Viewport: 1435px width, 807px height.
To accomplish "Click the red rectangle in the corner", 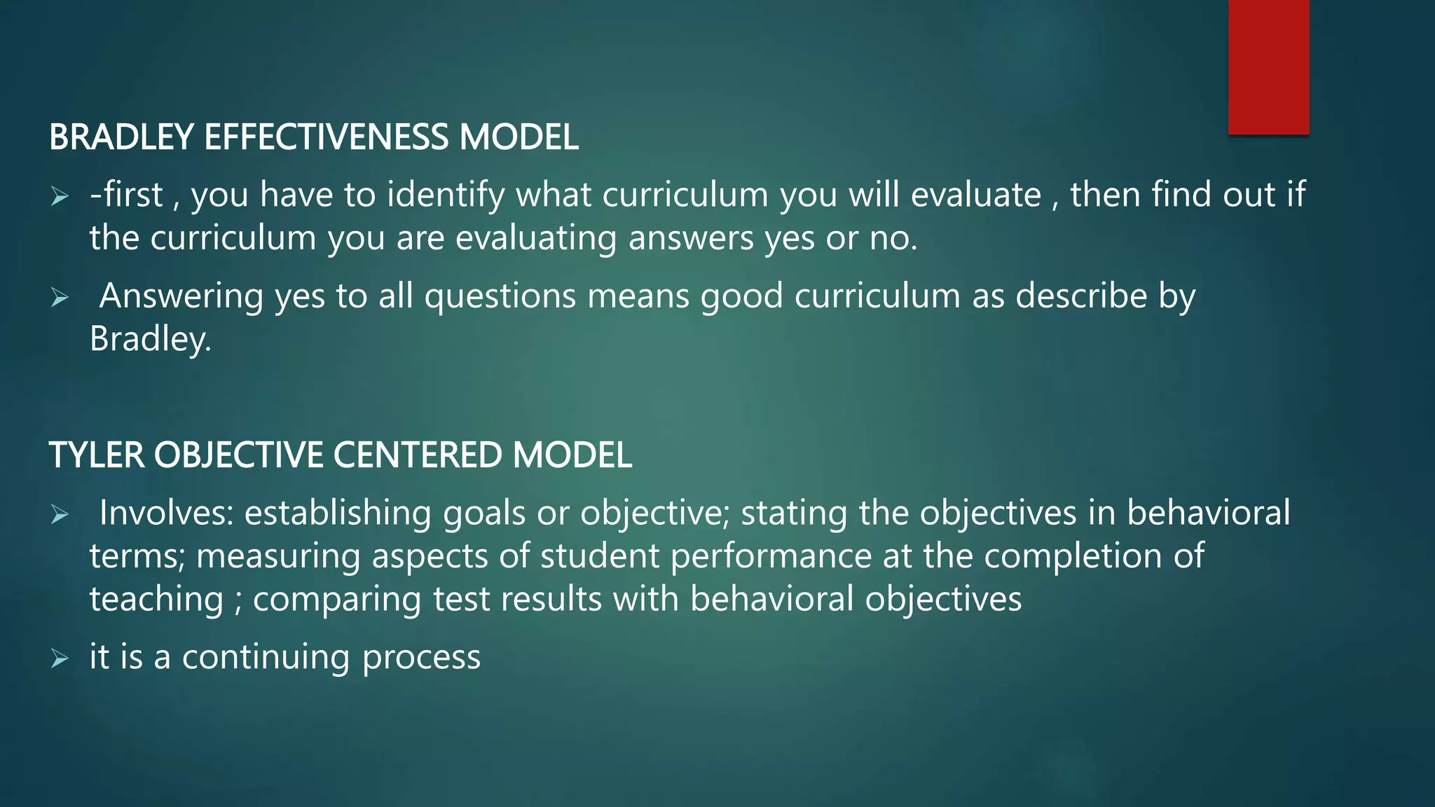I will point(1268,67).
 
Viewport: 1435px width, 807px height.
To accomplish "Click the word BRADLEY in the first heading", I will point(121,137).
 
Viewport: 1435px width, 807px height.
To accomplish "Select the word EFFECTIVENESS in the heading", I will point(326,137).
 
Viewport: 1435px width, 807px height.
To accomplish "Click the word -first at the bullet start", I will point(126,195).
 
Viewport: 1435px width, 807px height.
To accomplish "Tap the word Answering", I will point(181,296).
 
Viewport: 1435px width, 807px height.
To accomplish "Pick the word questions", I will point(500,296).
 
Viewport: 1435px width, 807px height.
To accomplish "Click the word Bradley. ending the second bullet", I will point(150,340).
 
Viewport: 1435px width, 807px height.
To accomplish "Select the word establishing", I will point(337,513).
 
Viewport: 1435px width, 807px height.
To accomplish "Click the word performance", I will point(771,556).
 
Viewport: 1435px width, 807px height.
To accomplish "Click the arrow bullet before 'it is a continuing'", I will point(60,658).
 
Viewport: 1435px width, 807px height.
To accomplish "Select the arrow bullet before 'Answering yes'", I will point(60,298).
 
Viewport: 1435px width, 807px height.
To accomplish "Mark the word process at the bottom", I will point(421,658).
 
